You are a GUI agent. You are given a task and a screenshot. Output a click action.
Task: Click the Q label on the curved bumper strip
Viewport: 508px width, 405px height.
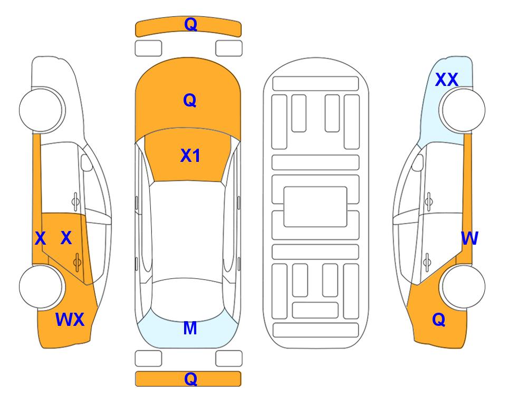pos(190,24)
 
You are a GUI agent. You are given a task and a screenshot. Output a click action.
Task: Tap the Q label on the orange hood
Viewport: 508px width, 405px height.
pos(190,100)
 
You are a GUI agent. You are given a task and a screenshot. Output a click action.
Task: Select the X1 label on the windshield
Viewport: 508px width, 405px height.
pos(190,156)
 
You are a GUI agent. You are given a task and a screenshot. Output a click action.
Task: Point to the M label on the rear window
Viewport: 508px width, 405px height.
pos(190,328)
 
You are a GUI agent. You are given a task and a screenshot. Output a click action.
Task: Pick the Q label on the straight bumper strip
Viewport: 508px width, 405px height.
pos(190,379)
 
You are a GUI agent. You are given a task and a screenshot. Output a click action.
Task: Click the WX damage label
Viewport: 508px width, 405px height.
pos(70,320)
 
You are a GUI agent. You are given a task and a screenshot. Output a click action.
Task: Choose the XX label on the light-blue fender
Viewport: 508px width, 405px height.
pos(447,80)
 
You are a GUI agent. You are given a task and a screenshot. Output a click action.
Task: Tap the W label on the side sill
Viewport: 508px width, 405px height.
pos(469,238)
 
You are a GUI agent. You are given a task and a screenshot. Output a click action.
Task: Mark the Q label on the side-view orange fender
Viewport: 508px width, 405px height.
pos(439,320)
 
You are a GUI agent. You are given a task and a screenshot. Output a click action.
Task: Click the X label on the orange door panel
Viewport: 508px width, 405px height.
pos(66,238)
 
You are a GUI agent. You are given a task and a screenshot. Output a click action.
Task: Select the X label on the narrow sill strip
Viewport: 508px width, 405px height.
pos(40,238)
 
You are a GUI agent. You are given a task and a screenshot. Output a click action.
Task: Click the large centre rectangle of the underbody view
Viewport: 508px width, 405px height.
pos(315,207)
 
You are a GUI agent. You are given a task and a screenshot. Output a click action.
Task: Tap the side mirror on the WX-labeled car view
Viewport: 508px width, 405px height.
pos(87,162)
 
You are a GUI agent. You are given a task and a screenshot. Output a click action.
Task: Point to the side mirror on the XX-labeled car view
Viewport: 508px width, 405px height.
pos(418,162)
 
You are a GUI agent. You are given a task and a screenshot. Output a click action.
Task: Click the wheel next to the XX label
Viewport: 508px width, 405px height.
pos(462,110)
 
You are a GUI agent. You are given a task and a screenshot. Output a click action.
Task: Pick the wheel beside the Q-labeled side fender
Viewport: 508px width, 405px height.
pos(462,286)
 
